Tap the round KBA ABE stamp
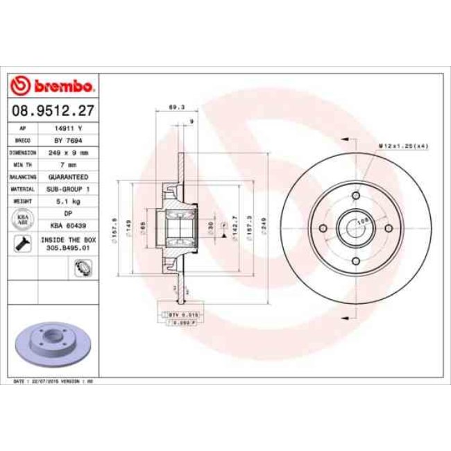(22, 220)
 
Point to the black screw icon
(22, 243)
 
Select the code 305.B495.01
(69, 245)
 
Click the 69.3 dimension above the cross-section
(176, 108)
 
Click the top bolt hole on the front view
(355, 196)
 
